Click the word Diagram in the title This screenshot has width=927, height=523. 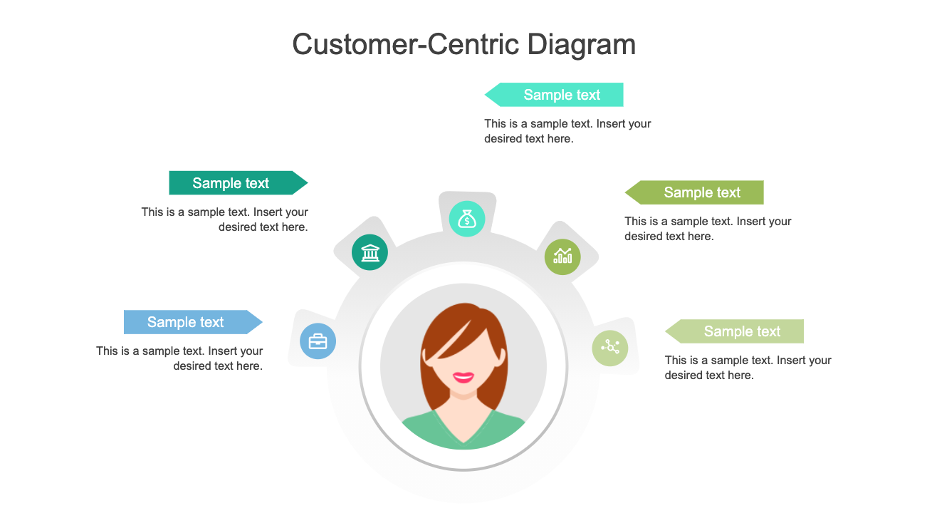pyautogui.click(x=581, y=44)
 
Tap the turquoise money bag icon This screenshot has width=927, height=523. pyautogui.click(x=467, y=219)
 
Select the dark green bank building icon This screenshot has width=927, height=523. pyautogui.click(x=370, y=252)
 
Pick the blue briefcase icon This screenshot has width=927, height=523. pyautogui.click(x=318, y=341)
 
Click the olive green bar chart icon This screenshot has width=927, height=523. pyautogui.click(x=562, y=256)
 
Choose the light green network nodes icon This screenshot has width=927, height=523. pyautogui.click(x=610, y=348)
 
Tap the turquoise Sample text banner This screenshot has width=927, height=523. pyautogui.click(x=561, y=95)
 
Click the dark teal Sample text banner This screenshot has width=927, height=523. pyautogui.click(x=230, y=183)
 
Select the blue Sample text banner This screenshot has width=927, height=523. pyautogui.click(x=185, y=322)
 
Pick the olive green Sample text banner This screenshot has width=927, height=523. pyautogui.click(x=701, y=192)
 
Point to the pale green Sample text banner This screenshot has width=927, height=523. pyautogui.click(x=741, y=331)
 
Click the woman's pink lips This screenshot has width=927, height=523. pyautogui.click(x=463, y=377)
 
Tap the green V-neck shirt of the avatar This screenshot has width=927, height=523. pyautogui.click(x=463, y=431)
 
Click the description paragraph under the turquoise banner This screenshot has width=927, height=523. pyautogui.click(x=567, y=131)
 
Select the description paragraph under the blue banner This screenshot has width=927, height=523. pyautogui.click(x=180, y=358)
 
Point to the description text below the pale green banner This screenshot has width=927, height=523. pyautogui.click(x=748, y=368)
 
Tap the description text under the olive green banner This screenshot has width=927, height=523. pyautogui.click(x=708, y=229)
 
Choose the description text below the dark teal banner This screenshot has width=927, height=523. pyautogui.click(x=225, y=219)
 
